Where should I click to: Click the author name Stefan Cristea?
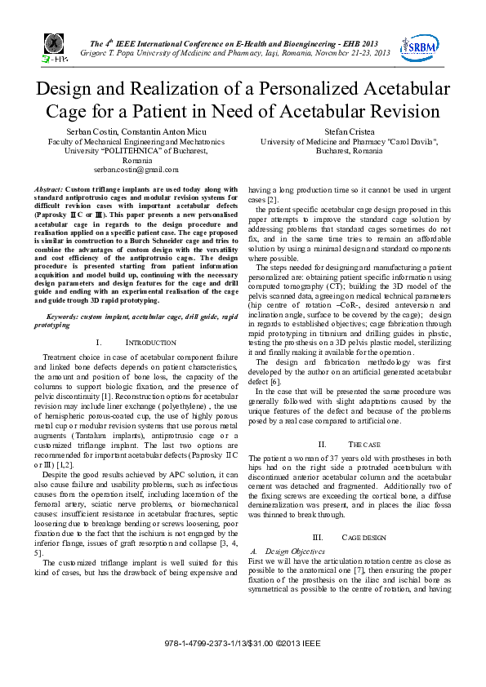coord(349,131)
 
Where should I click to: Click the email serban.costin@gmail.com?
coord(136,170)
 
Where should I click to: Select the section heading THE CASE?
coord(360,445)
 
